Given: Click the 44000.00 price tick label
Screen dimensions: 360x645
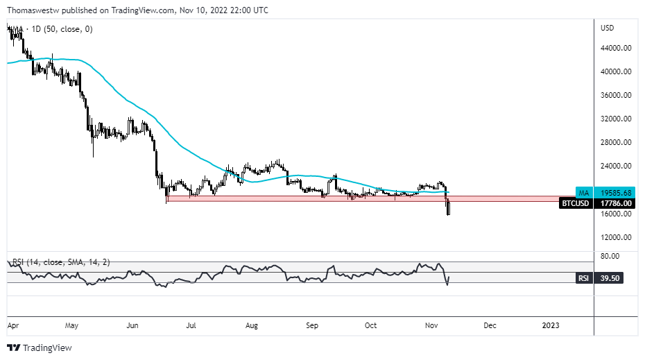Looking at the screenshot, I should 615,49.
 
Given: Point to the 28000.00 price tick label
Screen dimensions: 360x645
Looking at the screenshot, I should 615,143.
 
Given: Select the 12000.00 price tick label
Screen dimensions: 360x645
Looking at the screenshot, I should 615,237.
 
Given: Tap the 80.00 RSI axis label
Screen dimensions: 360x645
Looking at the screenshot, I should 610,256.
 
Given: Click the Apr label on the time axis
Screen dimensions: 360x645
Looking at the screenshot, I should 13,325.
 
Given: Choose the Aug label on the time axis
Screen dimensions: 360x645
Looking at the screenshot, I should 252,325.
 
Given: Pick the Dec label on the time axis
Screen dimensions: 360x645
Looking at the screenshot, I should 490,325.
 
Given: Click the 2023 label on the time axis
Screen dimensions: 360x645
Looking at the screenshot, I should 550,325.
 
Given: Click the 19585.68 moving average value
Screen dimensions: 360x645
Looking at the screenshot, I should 615,192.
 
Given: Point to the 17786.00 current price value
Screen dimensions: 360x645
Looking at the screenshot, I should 615,203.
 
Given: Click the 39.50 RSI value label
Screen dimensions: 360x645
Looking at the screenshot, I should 610,278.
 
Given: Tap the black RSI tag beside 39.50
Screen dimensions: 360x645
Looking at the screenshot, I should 583,278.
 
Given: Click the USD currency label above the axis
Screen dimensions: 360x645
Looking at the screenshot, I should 608,28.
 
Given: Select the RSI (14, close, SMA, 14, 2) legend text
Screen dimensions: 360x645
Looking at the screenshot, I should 61,263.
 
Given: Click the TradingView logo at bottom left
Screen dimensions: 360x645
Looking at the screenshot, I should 40,348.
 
